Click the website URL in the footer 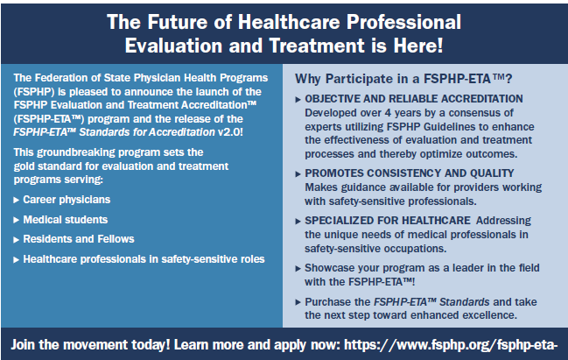(451, 345)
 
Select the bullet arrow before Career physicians (16, 200)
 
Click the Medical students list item (66, 220)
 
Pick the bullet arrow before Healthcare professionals (16, 260)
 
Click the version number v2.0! (230, 132)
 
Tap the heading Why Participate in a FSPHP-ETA (403, 79)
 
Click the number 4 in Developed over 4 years (388, 113)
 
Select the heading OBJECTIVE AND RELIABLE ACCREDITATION (414, 99)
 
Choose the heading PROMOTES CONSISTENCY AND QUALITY (410, 173)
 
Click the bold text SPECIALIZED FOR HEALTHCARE (388, 221)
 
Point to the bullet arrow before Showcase (298, 269)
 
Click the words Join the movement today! (90, 345)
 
